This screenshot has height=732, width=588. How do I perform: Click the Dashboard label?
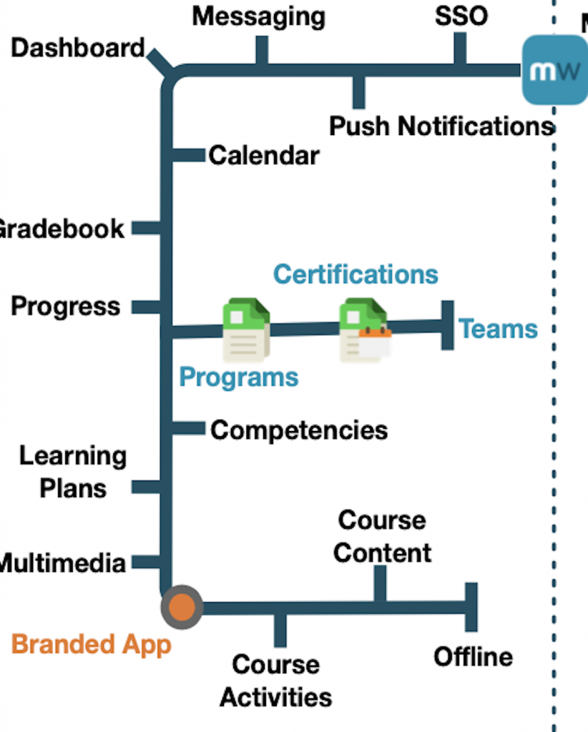pyautogui.click(x=78, y=49)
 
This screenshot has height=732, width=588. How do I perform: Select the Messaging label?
pyautogui.click(x=258, y=16)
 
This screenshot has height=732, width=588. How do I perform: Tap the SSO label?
pyautogui.click(x=461, y=16)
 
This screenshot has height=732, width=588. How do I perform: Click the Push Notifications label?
pyautogui.click(x=441, y=127)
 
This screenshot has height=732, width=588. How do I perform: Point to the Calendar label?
pyautogui.click(x=264, y=155)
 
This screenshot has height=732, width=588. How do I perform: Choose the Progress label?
pyautogui.click(x=66, y=307)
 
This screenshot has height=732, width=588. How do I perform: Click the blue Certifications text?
pyautogui.click(x=356, y=274)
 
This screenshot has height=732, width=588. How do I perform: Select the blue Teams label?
pyautogui.click(x=498, y=329)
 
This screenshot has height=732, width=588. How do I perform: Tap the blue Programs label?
pyautogui.click(x=238, y=377)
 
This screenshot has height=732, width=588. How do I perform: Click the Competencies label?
pyautogui.click(x=299, y=430)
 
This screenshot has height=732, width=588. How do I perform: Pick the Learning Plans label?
pyautogui.click(x=72, y=472)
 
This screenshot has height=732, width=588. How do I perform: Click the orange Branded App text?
pyautogui.click(x=92, y=644)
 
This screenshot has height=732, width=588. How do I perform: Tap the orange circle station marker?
pyautogui.click(x=182, y=608)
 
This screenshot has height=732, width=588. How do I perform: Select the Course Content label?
pyautogui.click(x=382, y=536)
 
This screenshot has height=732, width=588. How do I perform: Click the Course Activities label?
pyautogui.click(x=275, y=681)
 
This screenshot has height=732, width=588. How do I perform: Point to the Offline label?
pyautogui.click(x=473, y=657)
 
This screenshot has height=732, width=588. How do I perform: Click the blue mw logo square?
pyautogui.click(x=554, y=71)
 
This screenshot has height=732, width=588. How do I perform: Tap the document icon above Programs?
pyautogui.click(x=246, y=329)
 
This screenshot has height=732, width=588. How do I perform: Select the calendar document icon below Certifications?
pyautogui.click(x=365, y=331)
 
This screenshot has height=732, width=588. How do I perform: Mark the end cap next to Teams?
pyautogui.click(x=448, y=325)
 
